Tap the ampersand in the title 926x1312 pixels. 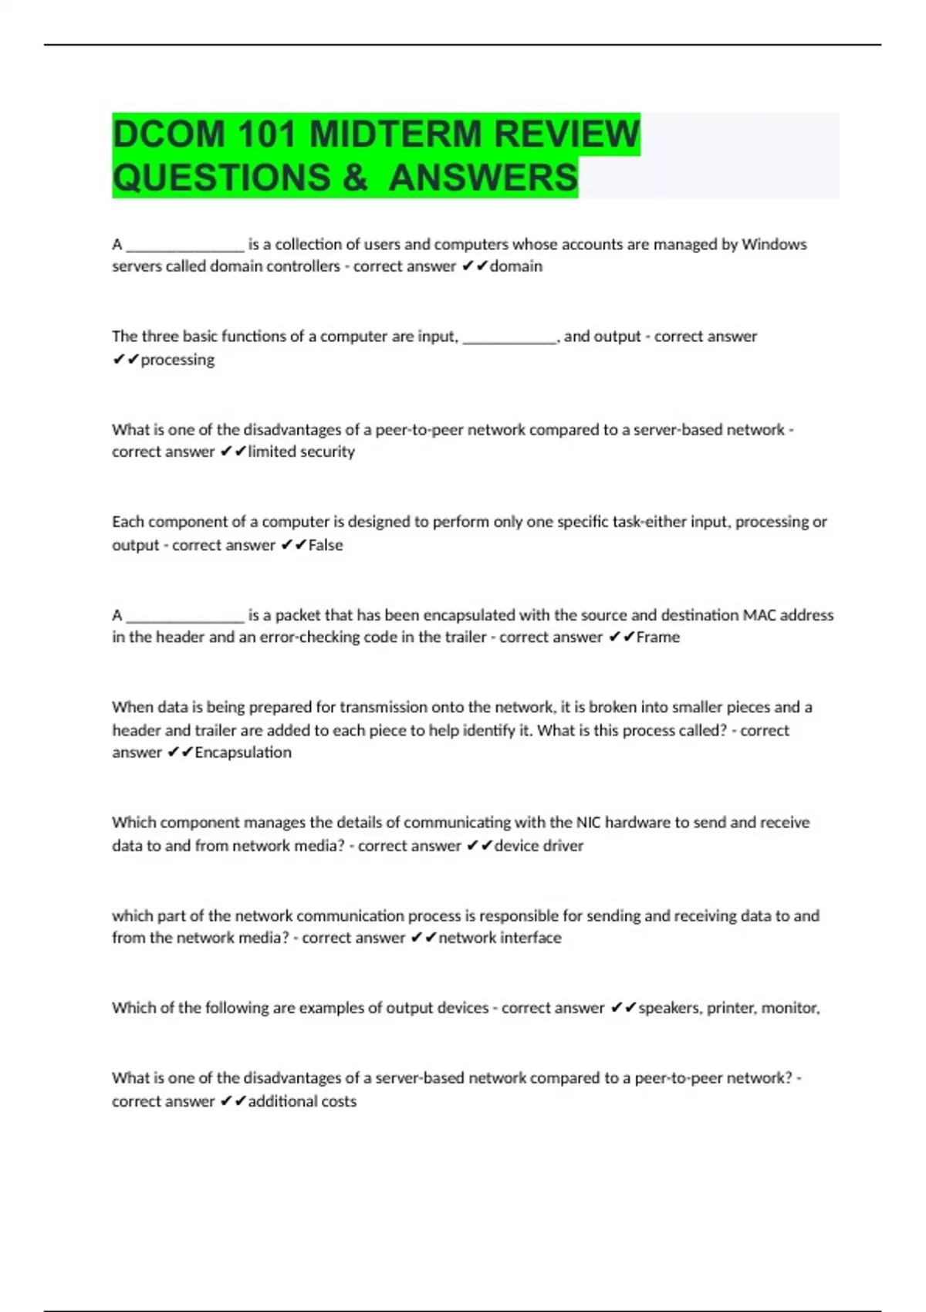[x=354, y=178]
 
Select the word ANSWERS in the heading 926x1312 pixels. [x=483, y=178]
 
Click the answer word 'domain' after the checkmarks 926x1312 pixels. [x=515, y=266]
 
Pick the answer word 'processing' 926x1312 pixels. [x=177, y=360]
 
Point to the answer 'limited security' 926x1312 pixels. [x=301, y=451]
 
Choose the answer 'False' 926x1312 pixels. [x=325, y=545]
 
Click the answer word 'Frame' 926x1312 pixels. [x=657, y=637]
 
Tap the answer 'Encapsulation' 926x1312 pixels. [x=242, y=752]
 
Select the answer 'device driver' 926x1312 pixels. [x=539, y=846]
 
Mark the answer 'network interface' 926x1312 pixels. [x=499, y=938]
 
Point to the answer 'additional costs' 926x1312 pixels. [x=302, y=1101]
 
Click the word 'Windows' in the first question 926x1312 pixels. [x=774, y=245]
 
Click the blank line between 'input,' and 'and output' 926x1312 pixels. [x=509, y=338]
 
